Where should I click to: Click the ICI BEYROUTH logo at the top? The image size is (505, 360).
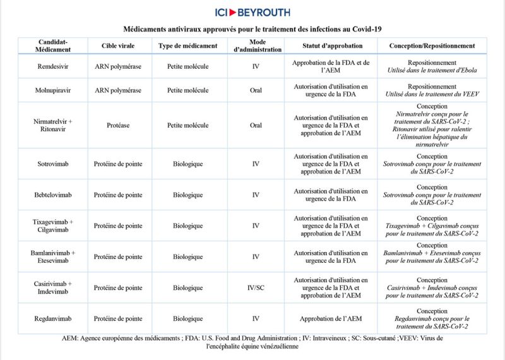[252, 12]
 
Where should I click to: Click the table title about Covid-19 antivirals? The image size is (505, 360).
[252, 28]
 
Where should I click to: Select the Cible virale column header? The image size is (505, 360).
[117, 45]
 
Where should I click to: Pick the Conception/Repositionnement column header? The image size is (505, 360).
[432, 45]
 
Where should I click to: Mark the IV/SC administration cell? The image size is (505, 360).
[256, 287]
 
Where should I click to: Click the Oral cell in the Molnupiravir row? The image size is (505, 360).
[256, 90]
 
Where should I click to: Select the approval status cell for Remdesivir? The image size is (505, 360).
[331, 66]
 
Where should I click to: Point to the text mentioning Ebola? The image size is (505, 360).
[432, 70]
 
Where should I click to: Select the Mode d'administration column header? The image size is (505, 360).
[256, 45]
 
